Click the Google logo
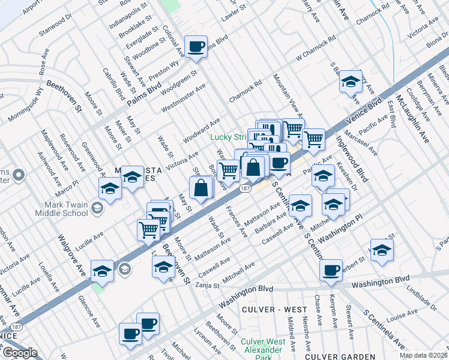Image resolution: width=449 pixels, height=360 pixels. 20,353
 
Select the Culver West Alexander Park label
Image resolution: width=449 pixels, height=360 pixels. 261,350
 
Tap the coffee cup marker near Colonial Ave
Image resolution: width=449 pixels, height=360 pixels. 196,46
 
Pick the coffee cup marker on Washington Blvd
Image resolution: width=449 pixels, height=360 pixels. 330,270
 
